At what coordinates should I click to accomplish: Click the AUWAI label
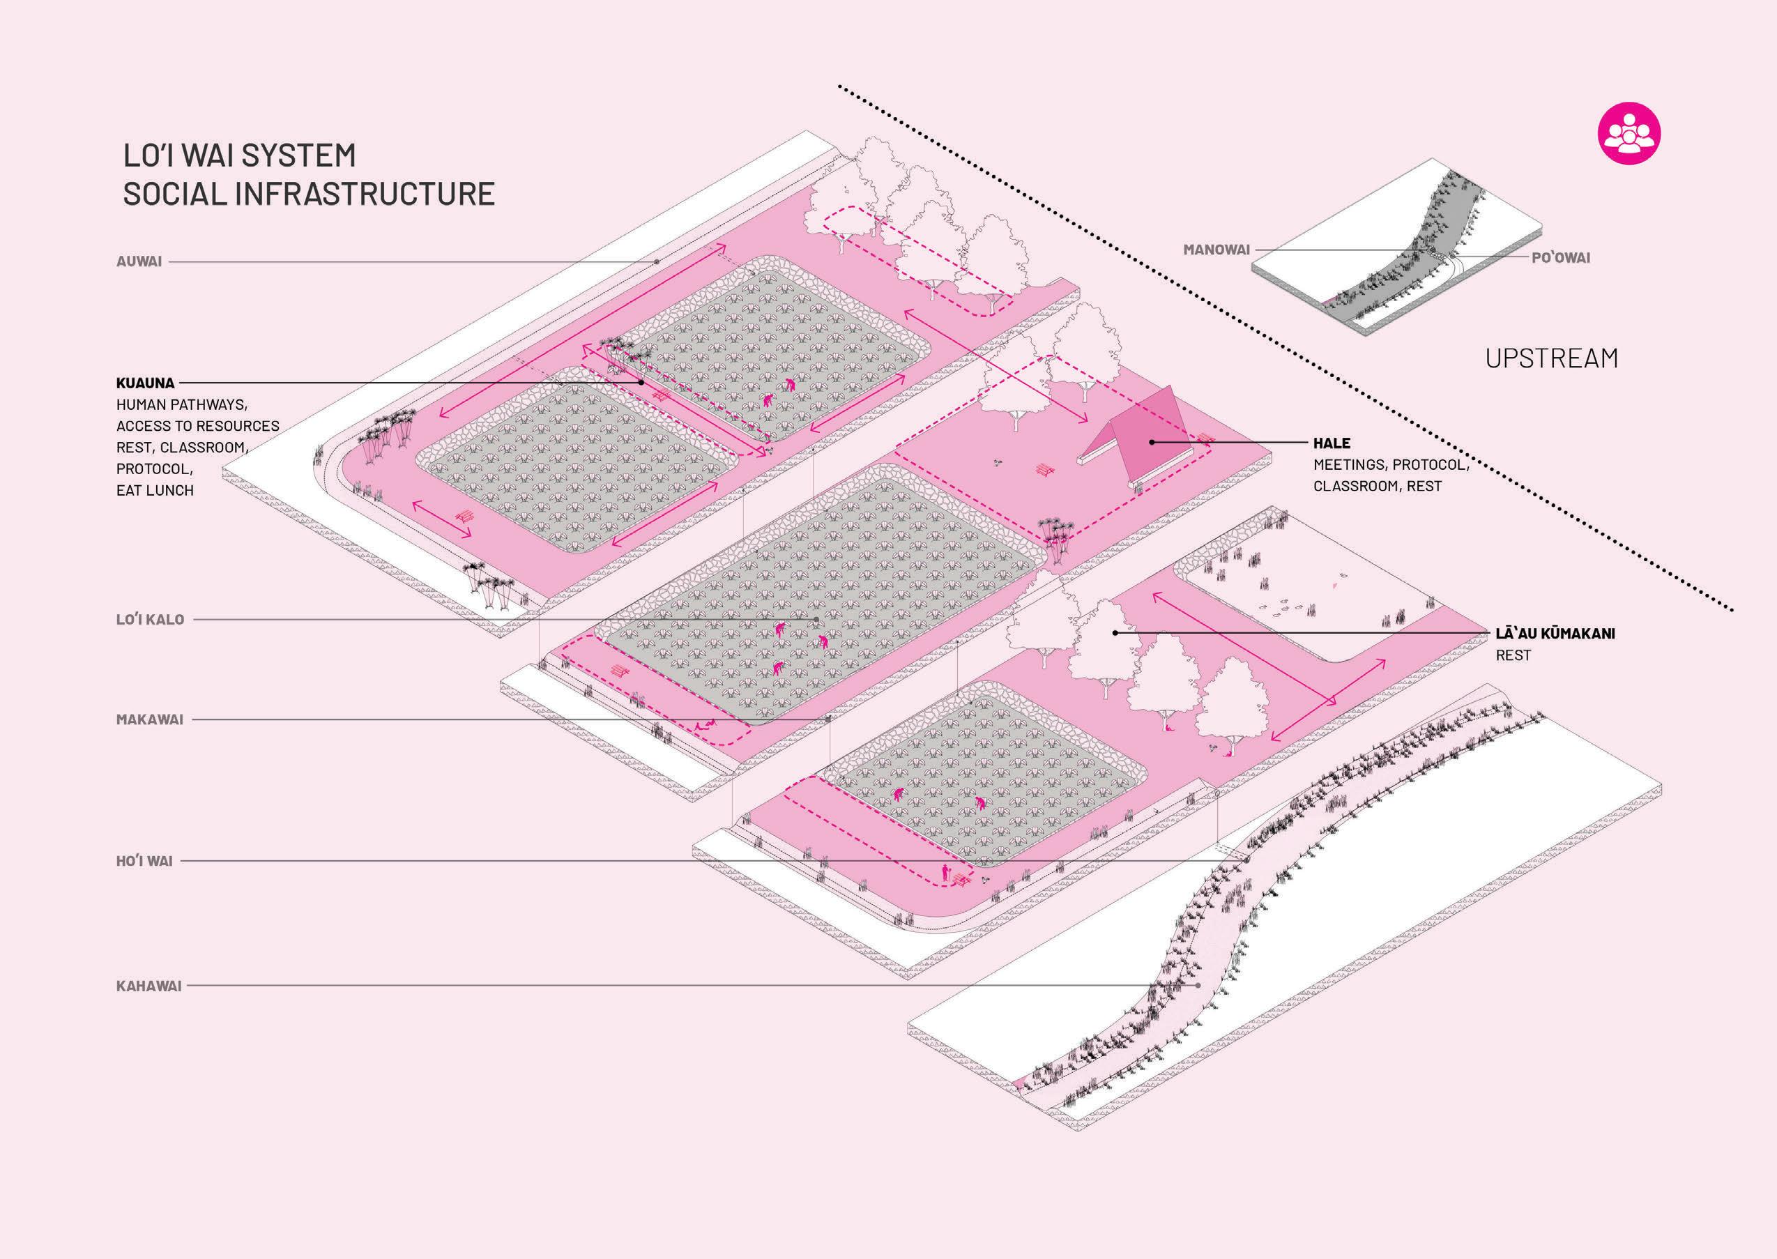(139, 261)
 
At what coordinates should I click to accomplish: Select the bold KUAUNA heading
(145, 383)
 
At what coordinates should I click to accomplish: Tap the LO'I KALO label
(151, 620)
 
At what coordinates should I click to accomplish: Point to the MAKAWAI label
(150, 719)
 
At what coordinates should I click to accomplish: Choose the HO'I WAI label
(144, 860)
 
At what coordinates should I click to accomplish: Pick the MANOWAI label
(1217, 250)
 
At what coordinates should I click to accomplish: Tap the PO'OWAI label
(1561, 258)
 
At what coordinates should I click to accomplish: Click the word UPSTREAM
(1551, 358)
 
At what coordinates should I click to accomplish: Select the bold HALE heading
(1332, 443)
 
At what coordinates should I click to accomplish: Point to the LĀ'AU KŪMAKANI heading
(1555, 634)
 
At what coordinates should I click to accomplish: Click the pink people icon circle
(1629, 132)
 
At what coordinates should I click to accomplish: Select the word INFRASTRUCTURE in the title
(364, 194)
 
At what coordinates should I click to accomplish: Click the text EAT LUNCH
(155, 490)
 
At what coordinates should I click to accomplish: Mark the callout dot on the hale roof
(1152, 442)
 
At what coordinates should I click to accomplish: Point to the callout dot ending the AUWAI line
(657, 262)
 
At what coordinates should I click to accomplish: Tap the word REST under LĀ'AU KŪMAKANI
(1513, 655)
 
